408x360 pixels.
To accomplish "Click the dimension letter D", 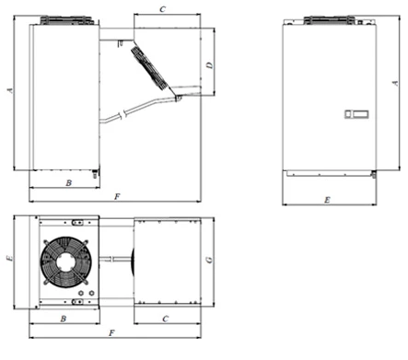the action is tap(210, 65).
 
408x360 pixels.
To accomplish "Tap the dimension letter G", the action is tap(209, 260).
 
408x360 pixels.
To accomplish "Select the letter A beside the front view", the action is tap(395, 83).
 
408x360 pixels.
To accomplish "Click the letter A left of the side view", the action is tap(10, 90).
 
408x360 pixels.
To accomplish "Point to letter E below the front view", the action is tap(327, 200).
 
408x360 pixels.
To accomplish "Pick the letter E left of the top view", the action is tap(10, 258).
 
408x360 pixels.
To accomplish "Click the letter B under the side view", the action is tap(69, 183).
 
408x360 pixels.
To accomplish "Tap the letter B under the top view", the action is tap(64, 319).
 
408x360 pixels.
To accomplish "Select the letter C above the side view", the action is tap(162, 9).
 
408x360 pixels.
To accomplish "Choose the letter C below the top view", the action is tap(166, 319).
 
